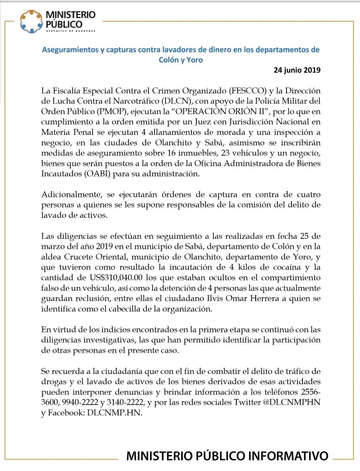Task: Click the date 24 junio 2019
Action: click(297, 70)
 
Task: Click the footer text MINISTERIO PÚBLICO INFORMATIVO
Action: click(227, 456)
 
